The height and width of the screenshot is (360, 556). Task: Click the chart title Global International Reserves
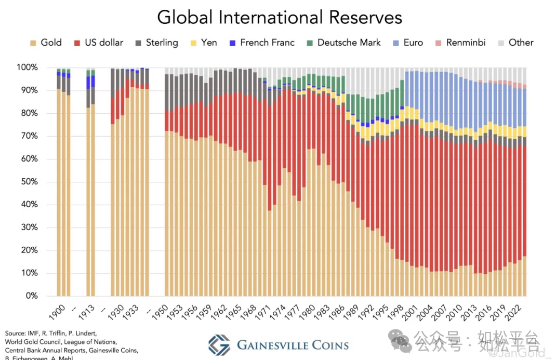(280, 17)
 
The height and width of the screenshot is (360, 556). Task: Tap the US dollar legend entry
(98, 43)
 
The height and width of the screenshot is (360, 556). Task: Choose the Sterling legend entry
(156, 43)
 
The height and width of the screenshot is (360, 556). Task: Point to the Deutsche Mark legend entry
(343, 43)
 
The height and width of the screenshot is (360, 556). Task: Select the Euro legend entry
(408, 43)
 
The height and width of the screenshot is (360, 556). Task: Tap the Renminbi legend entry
(460, 43)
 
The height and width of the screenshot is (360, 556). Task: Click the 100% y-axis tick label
(27, 68)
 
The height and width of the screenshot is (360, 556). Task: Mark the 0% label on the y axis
(31, 296)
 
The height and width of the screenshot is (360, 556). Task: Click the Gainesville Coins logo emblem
(219, 345)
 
